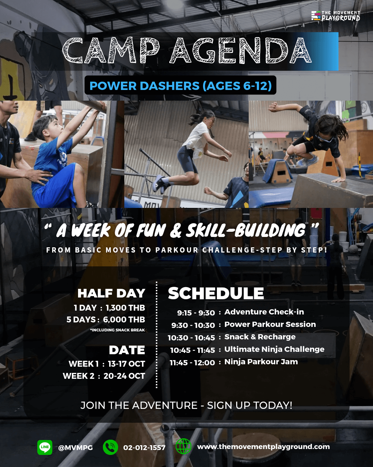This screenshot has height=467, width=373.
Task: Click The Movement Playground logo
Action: point(335,16)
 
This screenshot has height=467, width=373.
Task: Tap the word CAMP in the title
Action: point(111,51)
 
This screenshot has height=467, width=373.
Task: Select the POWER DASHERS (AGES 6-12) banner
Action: point(180,85)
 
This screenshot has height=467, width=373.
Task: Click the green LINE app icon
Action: point(45,448)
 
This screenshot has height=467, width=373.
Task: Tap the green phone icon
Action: point(110,448)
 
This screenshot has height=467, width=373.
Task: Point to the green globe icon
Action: point(183,447)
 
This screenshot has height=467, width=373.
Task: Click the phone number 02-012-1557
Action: point(144,448)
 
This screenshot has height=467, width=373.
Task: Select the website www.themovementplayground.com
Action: point(263,447)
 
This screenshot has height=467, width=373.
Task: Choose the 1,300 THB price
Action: point(125,308)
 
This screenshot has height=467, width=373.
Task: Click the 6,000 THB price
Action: point(124,320)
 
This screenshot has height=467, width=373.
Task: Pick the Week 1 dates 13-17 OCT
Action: point(126,364)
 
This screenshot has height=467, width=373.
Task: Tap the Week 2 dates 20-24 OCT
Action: point(124,376)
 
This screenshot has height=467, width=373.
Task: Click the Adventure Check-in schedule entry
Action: point(264,312)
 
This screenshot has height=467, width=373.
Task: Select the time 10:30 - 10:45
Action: point(191,338)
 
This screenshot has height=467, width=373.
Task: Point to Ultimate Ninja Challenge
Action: point(274,349)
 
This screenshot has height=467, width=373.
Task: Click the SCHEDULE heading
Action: point(216,293)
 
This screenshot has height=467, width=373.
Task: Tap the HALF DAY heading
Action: point(112,293)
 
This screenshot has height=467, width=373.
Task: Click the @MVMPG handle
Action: point(75,448)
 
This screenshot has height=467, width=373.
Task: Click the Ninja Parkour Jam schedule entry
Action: point(261,362)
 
